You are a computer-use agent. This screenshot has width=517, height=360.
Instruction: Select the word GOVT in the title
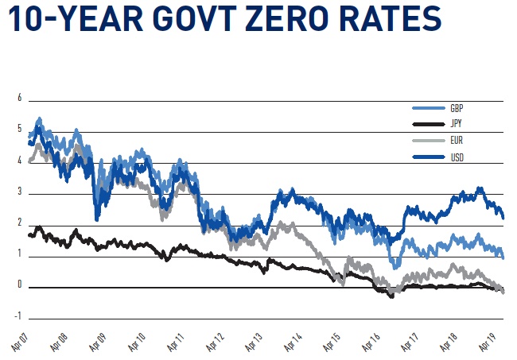184,21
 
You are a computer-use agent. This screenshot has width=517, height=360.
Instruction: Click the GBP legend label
457,108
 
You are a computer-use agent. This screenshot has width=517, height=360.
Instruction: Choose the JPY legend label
456,125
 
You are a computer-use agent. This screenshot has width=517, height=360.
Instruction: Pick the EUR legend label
457,141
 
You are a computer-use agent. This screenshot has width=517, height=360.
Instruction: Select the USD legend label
457,157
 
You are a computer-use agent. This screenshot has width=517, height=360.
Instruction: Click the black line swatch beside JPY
428,125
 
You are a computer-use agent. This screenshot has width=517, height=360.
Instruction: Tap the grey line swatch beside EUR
428,141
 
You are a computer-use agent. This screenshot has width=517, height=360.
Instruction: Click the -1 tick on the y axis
18,316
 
